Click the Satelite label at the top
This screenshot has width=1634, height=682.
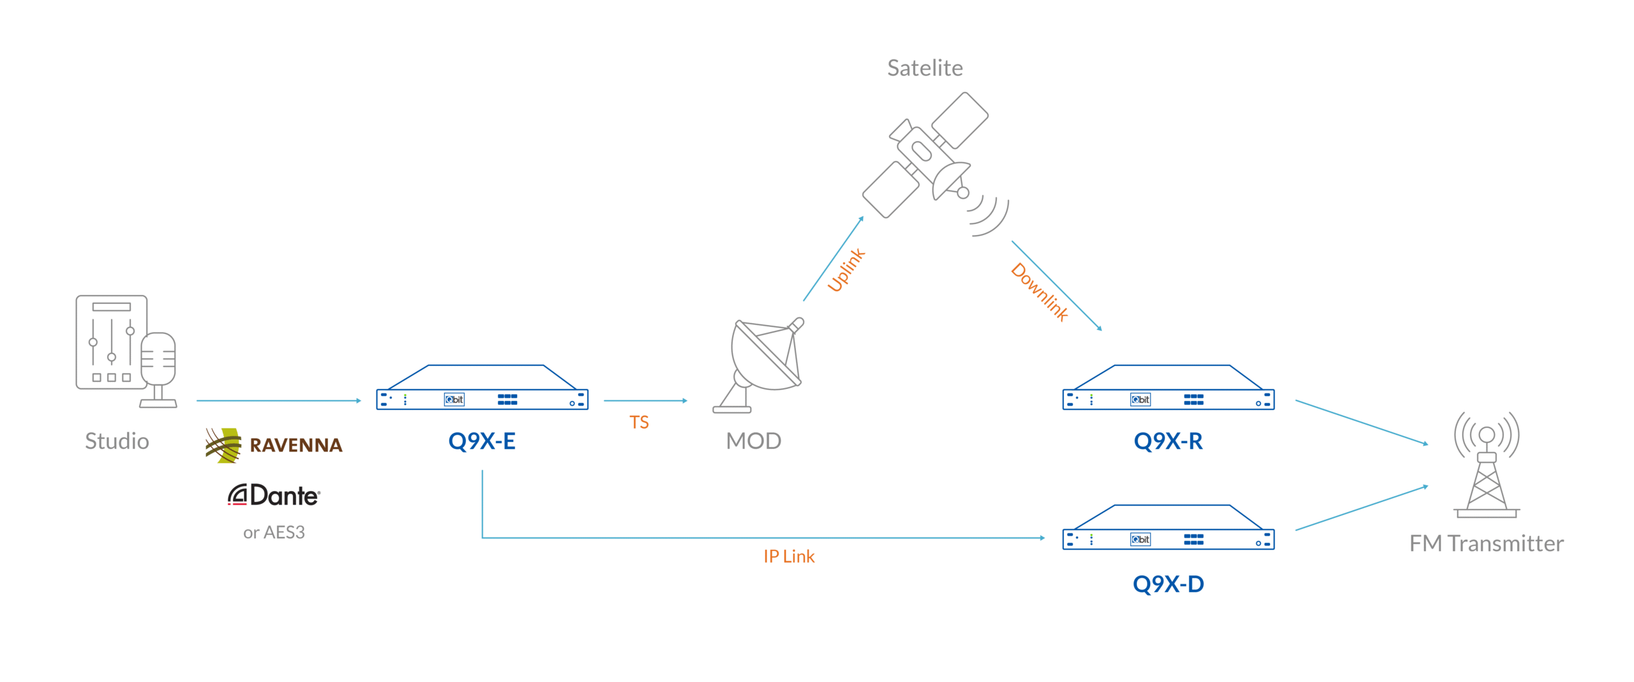click(x=924, y=68)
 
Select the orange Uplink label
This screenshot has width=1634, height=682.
click(x=846, y=270)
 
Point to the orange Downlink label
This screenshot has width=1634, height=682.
click(x=1039, y=292)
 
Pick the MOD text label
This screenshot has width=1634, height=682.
click(x=753, y=441)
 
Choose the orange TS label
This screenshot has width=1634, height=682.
click(x=638, y=422)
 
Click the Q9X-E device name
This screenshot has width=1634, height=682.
click(x=481, y=441)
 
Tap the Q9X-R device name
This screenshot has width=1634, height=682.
click(x=1167, y=441)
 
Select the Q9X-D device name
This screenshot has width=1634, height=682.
click(x=1167, y=584)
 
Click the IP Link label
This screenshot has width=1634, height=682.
click(x=788, y=557)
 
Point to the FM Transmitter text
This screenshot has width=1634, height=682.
click(x=1486, y=543)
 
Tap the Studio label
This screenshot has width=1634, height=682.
click(x=117, y=441)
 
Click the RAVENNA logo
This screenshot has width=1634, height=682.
click(x=274, y=444)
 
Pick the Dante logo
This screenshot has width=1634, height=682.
click(x=274, y=496)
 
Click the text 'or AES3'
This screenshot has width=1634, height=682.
click(x=274, y=533)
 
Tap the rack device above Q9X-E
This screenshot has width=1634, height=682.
click(x=482, y=388)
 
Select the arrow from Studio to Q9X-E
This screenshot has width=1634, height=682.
click(x=278, y=400)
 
